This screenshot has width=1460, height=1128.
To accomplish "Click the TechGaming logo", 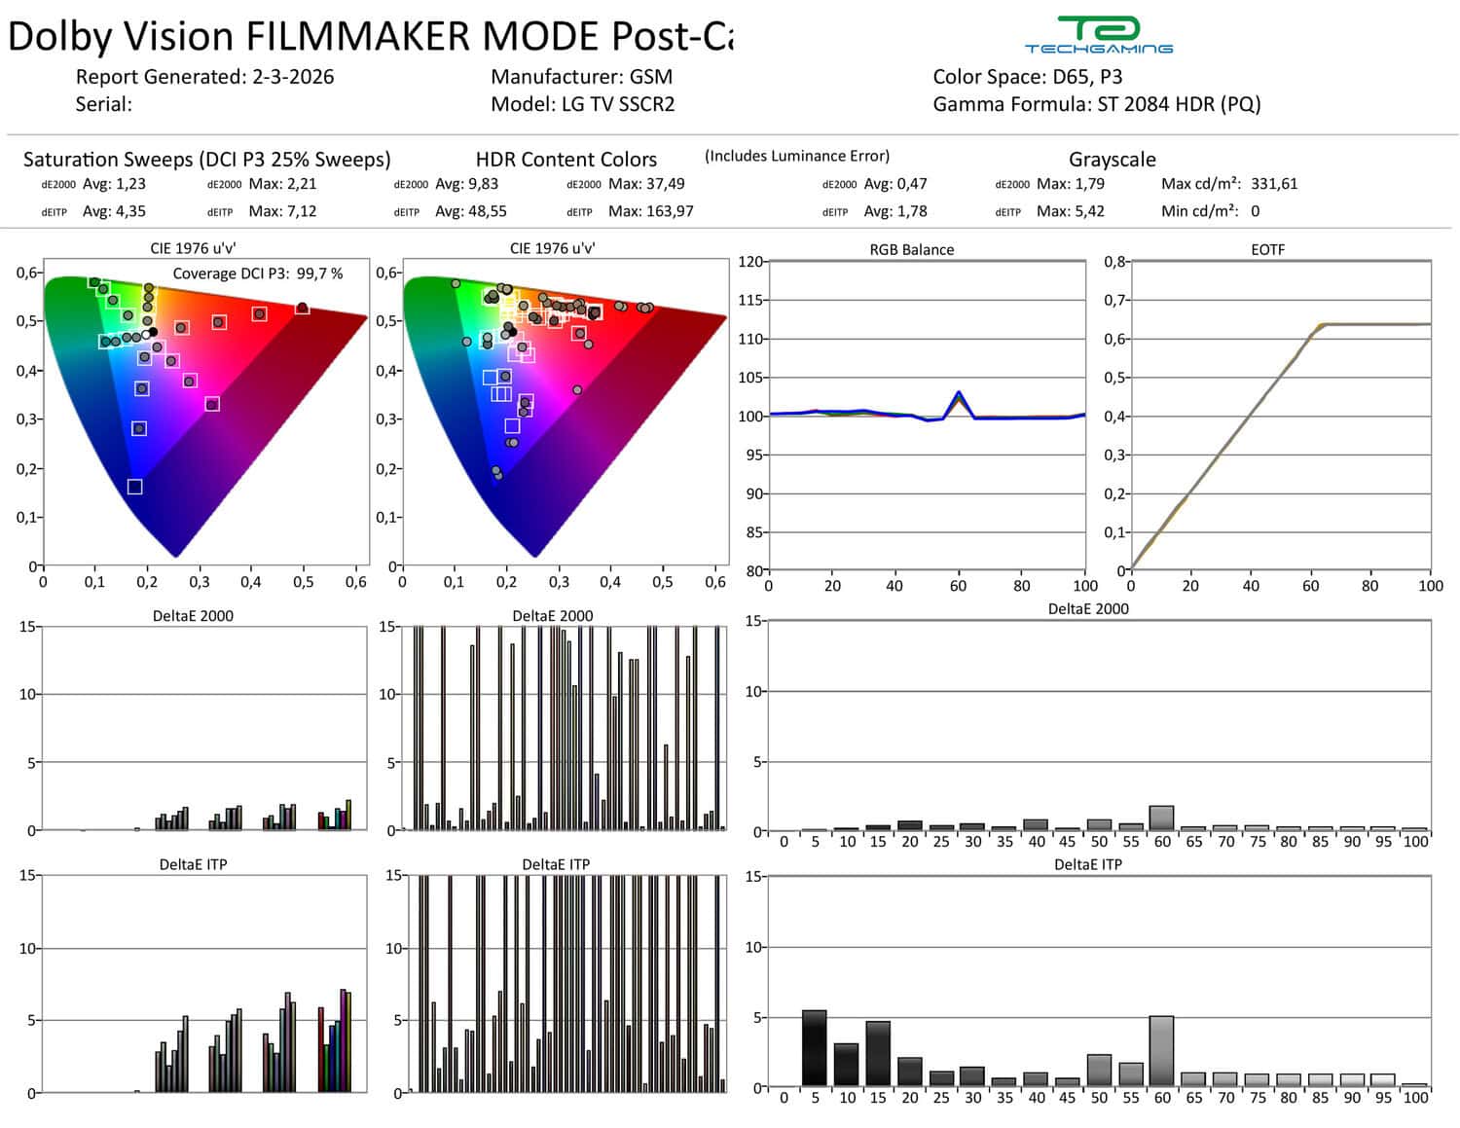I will tap(1098, 35).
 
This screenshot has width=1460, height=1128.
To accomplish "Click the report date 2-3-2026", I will tap(292, 77).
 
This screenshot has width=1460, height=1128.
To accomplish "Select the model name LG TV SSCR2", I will tap(618, 104).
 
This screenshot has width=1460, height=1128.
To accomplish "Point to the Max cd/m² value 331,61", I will tap(1274, 184).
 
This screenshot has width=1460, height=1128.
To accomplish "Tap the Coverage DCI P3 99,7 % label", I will tap(258, 273).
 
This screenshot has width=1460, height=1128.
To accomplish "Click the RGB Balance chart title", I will tap(911, 249).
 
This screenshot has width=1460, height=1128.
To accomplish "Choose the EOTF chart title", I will tap(1267, 249).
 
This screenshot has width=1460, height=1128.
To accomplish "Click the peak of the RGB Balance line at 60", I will tap(959, 393).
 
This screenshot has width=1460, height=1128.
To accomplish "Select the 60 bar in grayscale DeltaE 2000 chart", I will tap(1161, 819).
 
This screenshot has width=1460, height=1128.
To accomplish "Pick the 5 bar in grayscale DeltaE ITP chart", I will tap(814, 1048).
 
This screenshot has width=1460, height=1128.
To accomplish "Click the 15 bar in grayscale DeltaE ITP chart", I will tap(878, 1053).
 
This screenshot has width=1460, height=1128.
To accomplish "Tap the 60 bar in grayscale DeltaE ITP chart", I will tap(1161, 1051).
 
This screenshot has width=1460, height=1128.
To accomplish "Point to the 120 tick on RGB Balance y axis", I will tap(750, 261).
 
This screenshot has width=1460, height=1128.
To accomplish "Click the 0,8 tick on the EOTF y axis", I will tap(1114, 261).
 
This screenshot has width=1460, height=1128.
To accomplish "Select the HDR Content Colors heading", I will tap(566, 160).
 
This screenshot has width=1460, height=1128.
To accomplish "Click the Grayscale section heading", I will tap(1112, 160).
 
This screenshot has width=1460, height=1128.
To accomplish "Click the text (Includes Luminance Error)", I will tap(796, 156).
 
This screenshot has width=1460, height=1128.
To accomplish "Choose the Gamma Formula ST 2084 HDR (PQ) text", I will tap(1178, 104).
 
